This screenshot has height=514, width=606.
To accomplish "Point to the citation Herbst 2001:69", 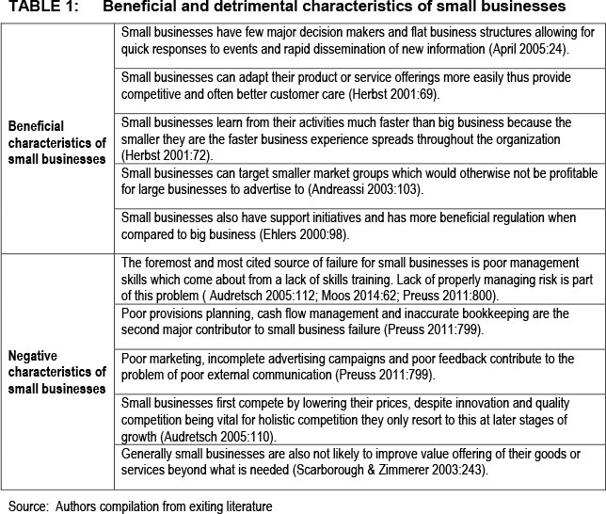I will [390, 94].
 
